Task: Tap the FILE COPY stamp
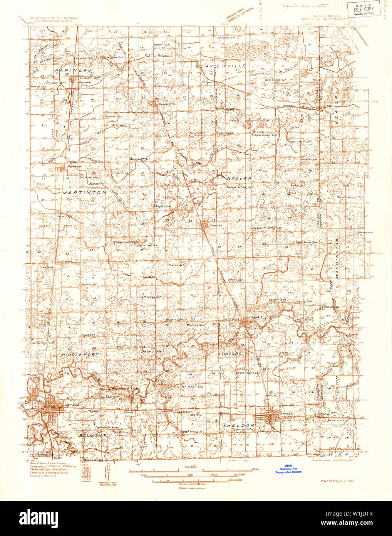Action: click(x=358, y=9)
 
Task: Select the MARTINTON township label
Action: click(x=85, y=192)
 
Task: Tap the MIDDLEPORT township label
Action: click(x=80, y=354)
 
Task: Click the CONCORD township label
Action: click(x=230, y=354)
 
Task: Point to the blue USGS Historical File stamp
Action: click(x=288, y=469)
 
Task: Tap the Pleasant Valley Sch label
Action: click(x=267, y=228)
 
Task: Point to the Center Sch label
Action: click(x=90, y=284)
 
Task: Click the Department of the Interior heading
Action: click(x=49, y=18)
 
